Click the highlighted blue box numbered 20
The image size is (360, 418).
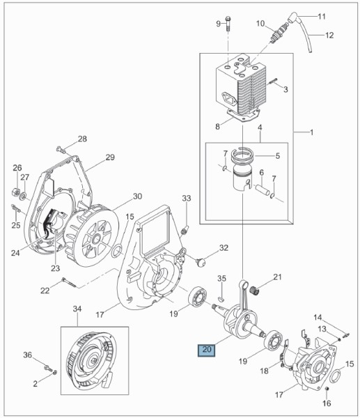(207, 350)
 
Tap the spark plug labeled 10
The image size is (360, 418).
(279, 33)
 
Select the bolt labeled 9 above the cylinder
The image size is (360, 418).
(228, 24)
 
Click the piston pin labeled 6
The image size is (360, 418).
(262, 190)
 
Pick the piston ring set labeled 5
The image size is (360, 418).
(242, 155)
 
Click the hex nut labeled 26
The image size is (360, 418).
(16, 192)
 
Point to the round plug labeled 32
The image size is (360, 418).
(201, 262)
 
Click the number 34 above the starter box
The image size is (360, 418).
(77, 309)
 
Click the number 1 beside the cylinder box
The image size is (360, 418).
(312, 132)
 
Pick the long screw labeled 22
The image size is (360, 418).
(69, 283)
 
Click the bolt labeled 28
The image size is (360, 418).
(61, 150)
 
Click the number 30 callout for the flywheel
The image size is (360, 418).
(137, 196)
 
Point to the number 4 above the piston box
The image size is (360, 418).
(260, 127)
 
